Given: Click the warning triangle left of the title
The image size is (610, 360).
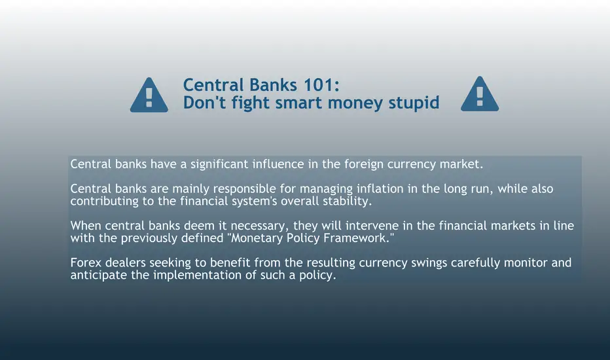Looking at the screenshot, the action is click(x=149, y=95).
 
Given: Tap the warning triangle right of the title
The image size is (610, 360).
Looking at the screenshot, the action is click(x=480, y=94).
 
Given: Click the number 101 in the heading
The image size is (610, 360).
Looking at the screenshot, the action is click(x=321, y=85).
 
